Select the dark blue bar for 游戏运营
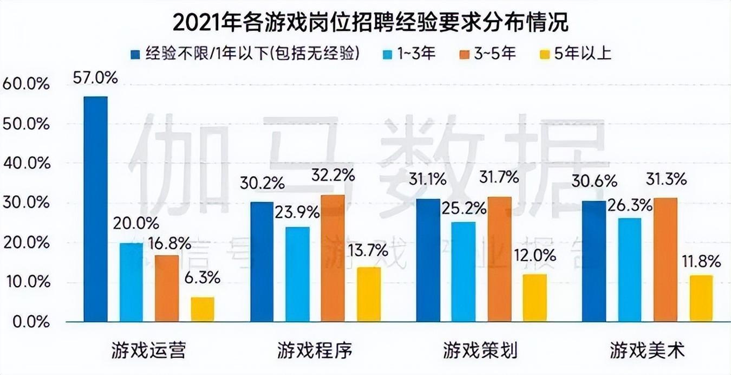point(95,209)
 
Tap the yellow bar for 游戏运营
point(203,309)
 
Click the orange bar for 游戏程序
point(332,258)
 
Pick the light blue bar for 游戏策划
point(464,271)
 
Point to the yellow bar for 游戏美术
point(701,299)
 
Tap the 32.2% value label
point(332,176)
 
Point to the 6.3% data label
point(203,278)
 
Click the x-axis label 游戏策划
point(480,351)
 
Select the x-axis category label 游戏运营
point(149,351)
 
